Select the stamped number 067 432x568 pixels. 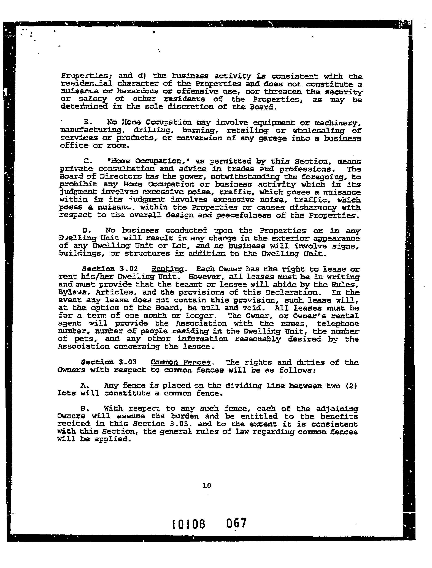point(236,523)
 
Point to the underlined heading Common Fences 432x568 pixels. point(181,362)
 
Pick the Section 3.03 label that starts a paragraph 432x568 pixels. point(109,362)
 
